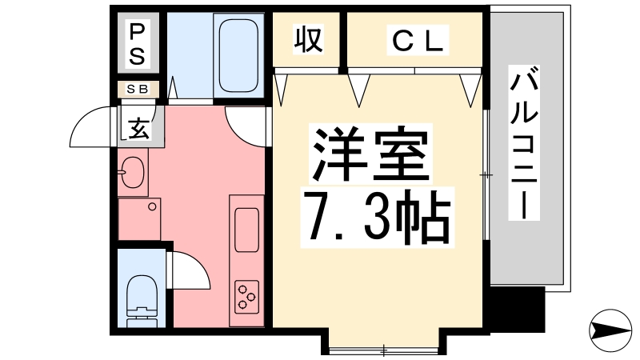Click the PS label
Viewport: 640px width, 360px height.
click(138, 44)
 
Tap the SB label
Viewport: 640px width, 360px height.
click(138, 89)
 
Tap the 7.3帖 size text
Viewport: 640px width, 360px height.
click(374, 216)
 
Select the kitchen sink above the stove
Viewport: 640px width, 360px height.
click(246, 228)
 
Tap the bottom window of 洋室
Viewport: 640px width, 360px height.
click(384, 349)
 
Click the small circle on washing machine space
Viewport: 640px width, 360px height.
click(151, 207)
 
